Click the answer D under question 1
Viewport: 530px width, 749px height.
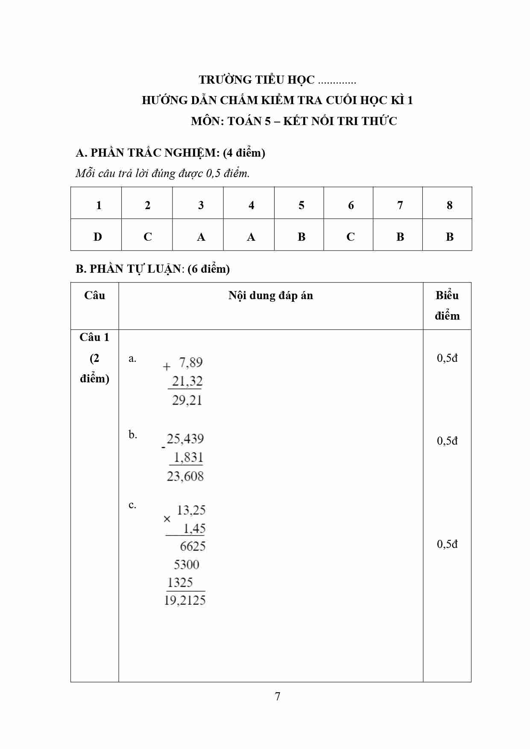coord(98,237)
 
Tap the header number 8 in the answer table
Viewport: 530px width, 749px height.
coord(449,205)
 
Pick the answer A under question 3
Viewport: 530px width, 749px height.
coord(201,237)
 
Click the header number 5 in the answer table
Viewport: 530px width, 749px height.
coord(302,205)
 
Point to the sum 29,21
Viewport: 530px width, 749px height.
coord(187,400)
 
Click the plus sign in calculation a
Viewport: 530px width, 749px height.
coord(167,366)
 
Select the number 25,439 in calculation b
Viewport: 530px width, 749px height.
coord(185,439)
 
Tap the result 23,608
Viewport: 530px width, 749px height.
coord(185,476)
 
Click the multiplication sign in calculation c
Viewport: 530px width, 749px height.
coord(167,519)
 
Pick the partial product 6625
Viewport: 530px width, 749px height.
coord(193,546)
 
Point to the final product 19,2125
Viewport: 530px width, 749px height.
coord(185,600)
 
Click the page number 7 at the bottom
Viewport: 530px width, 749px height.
coord(278,697)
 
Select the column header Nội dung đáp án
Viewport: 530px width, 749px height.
coord(271,295)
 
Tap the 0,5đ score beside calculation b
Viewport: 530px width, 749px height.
coord(447,441)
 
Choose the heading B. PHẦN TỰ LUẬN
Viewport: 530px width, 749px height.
coord(152,269)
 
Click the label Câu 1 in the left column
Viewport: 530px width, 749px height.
coord(94,337)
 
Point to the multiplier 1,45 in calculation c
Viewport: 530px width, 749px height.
coord(194,528)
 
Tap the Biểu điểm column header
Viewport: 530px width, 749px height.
coord(447,306)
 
